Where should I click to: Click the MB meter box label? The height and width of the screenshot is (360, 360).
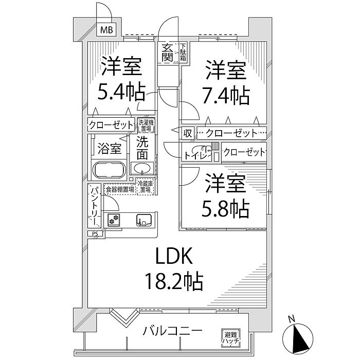click(x=106, y=29)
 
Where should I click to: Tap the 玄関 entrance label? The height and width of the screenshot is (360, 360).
click(x=167, y=52)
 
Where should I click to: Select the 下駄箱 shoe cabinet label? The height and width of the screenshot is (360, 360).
click(x=183, y=53)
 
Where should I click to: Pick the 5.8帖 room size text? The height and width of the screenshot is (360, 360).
click(x=226, y=207)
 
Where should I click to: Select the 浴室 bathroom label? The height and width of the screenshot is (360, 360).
click(x=110, y=149)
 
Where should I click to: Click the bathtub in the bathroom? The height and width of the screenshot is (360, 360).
click(x=109, y=169)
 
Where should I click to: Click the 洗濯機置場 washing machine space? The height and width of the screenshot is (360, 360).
click(x=146, y=125)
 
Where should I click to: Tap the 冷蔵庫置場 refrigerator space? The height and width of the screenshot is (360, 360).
click(x=145, y=186)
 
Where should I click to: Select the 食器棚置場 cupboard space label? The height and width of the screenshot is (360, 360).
click(x=119, y=189)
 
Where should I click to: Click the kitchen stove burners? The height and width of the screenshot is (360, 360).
click(x=113, y=220)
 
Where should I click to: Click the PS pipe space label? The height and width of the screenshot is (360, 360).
click(x=95, y=233)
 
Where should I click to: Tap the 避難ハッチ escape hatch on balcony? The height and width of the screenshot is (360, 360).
click(x=229, y=336)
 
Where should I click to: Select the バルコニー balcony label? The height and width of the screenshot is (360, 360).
click(x=172, y=331)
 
